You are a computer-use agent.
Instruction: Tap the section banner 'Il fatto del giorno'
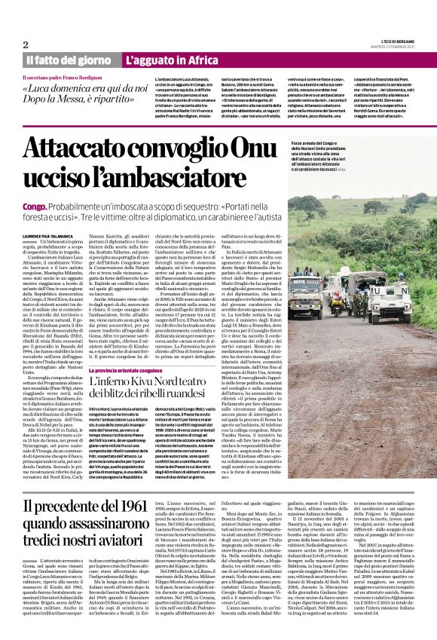point(69,60)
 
